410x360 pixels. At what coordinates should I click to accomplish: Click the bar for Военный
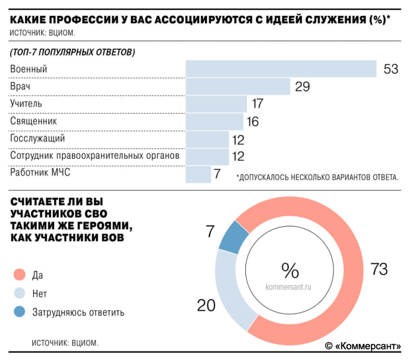click(x=281, y=69)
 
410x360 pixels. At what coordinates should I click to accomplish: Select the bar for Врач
click(x=238, y=87)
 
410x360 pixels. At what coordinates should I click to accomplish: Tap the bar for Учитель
click(x=216, y=104)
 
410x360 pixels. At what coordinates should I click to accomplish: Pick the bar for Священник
click(x=214, y=121)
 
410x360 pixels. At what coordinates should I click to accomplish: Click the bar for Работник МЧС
click(x=198, y=174)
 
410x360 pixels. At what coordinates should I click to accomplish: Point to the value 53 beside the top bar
click(x=390, y=69)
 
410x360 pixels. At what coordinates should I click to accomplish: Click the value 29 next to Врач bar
click(x=303, y=87)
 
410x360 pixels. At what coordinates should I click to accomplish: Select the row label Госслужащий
click(x=38, y=139)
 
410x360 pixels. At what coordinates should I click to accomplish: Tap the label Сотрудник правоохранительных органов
click(x=95, y=156)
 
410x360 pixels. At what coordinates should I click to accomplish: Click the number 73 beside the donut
click(x=379, y=269)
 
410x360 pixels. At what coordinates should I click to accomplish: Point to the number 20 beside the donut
click(x=206, y=305)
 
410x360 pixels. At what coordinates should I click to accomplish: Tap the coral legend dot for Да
click(x=19, y=274)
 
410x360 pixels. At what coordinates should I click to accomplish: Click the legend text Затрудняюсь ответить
click(x=78, y=312)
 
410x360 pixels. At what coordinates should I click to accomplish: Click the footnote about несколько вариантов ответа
click(x=317, y=177)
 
